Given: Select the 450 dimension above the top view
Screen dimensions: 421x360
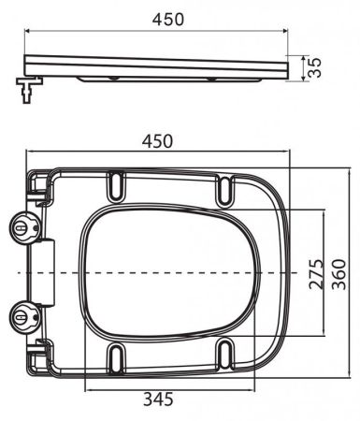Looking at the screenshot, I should tap(159, 140).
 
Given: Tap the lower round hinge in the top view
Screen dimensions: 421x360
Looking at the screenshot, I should tap(24, 315).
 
